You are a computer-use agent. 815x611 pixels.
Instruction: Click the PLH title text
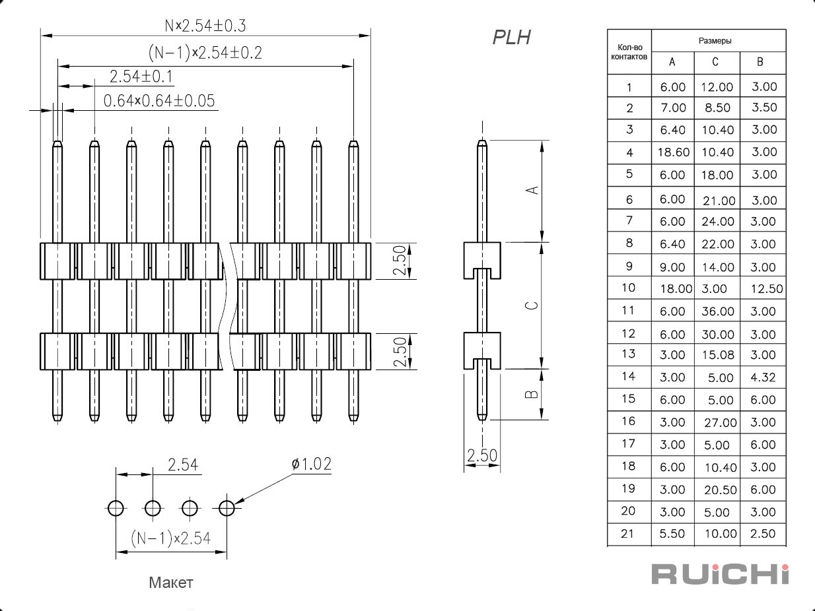pyautogui.click(x=511, y=38)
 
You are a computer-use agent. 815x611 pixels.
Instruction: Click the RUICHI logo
pyautogui.click(x=721, y=575)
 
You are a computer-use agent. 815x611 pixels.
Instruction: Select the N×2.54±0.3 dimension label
pyautogui.click(x=205, y=26)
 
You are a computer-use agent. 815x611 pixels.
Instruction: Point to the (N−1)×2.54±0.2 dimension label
pyautogui.click(x=205, y=53)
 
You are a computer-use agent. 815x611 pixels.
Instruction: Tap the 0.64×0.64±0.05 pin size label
pyautogui.click(x=159, y=101)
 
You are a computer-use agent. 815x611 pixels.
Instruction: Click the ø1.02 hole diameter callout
pyautogui.click(x=312, y=464)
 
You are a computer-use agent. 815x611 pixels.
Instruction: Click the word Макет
pyautogui.click(x=171, y=583)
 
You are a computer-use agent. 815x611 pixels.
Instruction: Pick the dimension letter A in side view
pyautogui.click(x=533, y=190)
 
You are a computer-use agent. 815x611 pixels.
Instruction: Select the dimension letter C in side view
pyautogui.click(x=532, y=305)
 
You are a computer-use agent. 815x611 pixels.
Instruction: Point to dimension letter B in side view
pyautogui.click(x=532, y=394)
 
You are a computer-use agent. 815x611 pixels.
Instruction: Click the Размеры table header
pyautogui.click(x=715, y=41)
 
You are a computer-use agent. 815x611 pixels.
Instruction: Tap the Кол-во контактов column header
pyautogui.click(x=629, y=52)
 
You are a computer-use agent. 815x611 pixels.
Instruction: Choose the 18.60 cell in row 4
pyautogui.click(x=674, y=152)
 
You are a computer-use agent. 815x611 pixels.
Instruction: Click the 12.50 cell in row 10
pyautogui.click(x=767, y=288)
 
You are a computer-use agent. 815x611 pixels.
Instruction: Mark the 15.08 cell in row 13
pyautogui.click(x=718, y=355)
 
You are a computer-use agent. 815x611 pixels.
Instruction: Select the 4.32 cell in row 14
pyautogui.click(x=763, y=377)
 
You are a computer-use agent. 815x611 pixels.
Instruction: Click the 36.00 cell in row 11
pyautogui.click(x=718, y=311)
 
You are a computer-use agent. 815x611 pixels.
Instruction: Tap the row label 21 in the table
pyautogui.click(x=627, y=534)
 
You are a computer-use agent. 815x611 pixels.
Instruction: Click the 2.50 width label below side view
pyautogui.click(x=482, y=455)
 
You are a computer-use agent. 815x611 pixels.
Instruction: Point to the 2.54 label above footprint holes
pyautogui.click(x=183, y=465)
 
